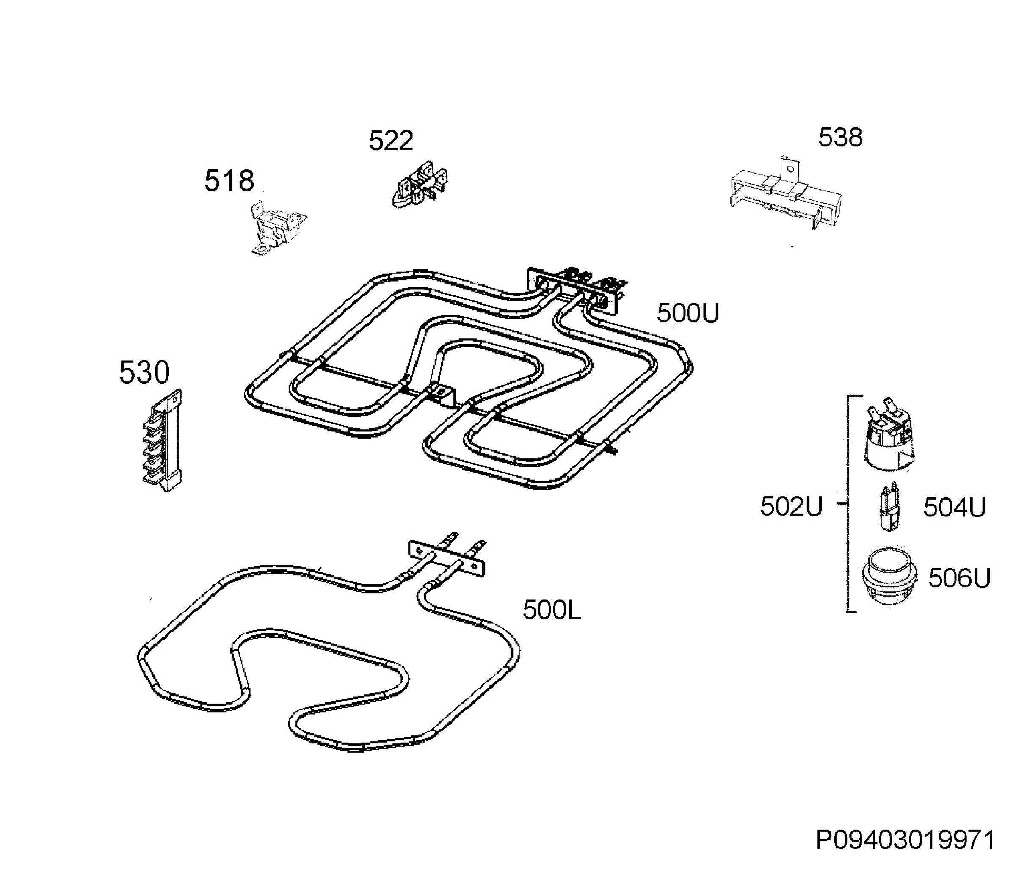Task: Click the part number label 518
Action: coord(229,180)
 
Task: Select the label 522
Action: coord(391,141)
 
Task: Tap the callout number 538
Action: coord(840,137)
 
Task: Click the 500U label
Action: coord(688,313)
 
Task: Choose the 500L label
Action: coord(552,610)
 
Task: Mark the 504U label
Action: coord(954,507)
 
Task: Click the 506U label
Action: coord(959,578)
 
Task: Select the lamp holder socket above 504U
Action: coord(889,435)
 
